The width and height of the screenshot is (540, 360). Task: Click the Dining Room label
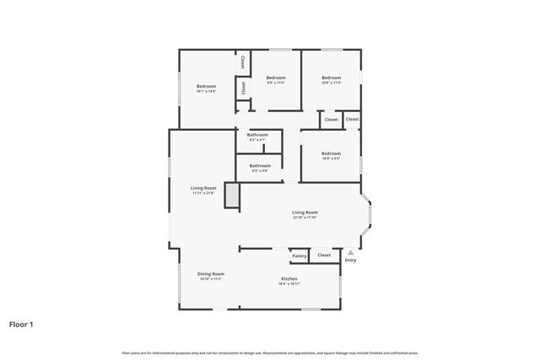[x=211, y=273]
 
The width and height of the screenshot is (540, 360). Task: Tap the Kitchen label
[x=289, y=279]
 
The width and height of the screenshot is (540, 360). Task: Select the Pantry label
[x=299, y=255]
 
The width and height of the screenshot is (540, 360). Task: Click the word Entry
[x=350, y=260]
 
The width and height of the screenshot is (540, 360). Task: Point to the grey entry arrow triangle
[x=350, y=252]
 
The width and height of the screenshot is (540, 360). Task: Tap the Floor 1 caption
[x=21, y=324]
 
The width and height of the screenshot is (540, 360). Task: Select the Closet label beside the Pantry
[x=324, y=255]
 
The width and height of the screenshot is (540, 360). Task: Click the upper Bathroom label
[x=257, y=135]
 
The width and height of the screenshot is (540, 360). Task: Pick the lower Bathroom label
[x=259, y=165]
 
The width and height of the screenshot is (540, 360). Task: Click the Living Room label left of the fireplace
[x=202, y=188]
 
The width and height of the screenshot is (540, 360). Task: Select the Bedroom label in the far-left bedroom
[x=207, y=86]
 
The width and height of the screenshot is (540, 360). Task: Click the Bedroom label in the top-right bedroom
[x=331, y=78]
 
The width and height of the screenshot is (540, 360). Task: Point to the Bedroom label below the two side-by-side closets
[x=331, y=153]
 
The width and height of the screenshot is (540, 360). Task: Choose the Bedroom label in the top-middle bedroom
[x=276, y=78]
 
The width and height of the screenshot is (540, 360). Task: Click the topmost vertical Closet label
[x=243, y=62]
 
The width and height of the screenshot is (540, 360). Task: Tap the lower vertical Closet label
[x=243, y=87]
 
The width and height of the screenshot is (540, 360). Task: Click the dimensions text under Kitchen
[x=289, y=284]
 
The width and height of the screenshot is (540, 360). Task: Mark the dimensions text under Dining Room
[x=211, y=279]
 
